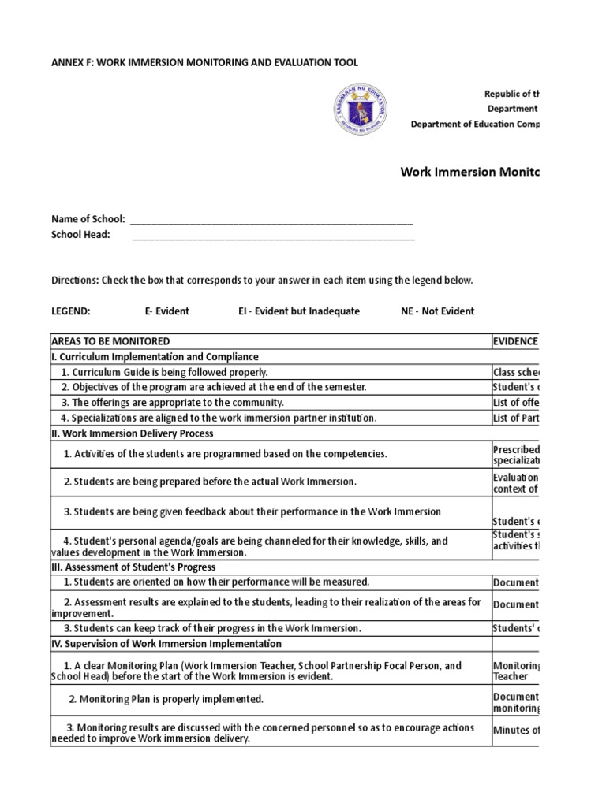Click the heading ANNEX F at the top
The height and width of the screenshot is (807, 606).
[199, 62]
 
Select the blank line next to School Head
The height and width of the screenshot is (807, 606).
[273, 235]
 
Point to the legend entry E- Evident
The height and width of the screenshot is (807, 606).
[166, 311]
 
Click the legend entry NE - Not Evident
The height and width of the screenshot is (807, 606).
[437, 311]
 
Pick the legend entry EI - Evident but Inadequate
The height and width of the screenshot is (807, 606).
[298, 311]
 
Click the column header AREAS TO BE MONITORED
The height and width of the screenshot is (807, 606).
[110, 341]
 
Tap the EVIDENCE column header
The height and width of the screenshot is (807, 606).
[515, 341]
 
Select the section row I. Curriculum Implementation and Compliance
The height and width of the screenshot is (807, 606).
[155, 357]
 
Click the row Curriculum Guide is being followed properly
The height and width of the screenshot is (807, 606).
[166, 372]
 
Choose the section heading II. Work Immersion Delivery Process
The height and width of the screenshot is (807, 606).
[132, 433]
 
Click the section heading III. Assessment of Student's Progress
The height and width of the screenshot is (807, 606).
[133, 567]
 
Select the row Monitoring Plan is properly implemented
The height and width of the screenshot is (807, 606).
[166, 699]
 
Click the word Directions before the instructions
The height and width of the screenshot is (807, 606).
[75, 280]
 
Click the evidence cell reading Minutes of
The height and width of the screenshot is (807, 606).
[516, 730]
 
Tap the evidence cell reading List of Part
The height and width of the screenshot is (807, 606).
[515, 418]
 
